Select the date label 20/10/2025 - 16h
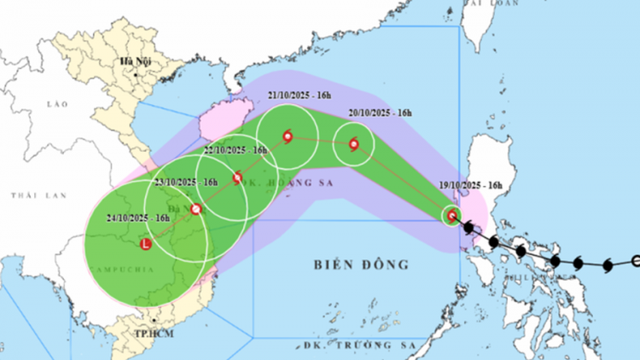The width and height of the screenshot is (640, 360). pyautogui.click(x=380, y=113)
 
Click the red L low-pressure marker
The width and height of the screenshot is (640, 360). pyautogui.click(x=146, y=245)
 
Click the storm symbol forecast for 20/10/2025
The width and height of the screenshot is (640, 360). pyautogui.click(x=354, y=144)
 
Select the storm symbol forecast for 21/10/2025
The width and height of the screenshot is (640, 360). pyautogui.click(x=288, y=136)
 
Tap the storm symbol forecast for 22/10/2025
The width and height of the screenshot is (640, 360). pyautogui.click(x=237, y=177)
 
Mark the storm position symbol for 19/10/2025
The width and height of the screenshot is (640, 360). pyautogui.click(x=451, y=216)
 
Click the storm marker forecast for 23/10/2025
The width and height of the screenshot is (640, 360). pyautogui.click(x=196, y=209)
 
